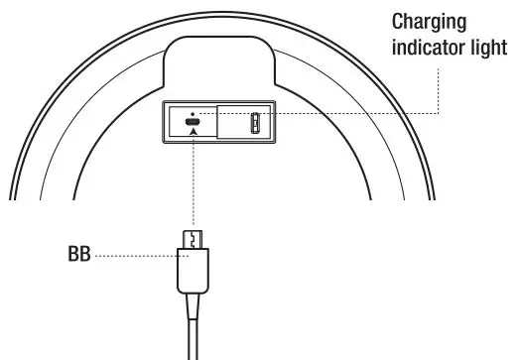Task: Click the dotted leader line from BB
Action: [134, 254]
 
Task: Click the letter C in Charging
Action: [398, 21]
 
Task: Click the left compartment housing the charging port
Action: [189, 124]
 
